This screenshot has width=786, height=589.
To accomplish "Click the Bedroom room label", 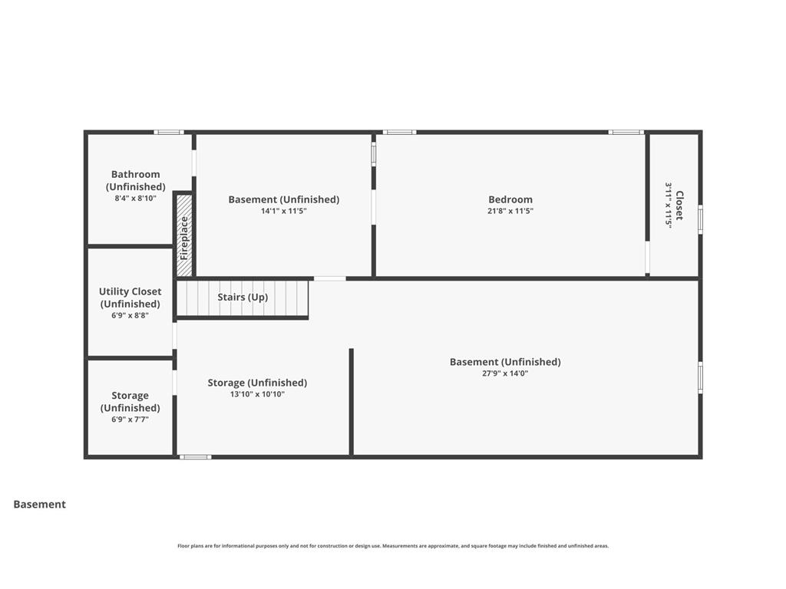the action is pos(510,199).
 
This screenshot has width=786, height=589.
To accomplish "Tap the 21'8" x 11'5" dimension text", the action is pos(510,211).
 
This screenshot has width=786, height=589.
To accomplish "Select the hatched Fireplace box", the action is pos(184,235).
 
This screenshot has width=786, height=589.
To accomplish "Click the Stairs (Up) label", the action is pos(243,297).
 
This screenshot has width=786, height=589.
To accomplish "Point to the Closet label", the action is pos(679,206).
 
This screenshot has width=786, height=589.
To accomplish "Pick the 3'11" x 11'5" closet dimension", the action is pos(669,206).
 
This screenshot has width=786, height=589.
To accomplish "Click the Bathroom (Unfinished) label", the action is pos(135,180).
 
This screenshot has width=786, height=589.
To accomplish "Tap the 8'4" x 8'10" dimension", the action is pos(135,198).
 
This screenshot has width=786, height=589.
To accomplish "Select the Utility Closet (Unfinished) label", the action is pos(130,298).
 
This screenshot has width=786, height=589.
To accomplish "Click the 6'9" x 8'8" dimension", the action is pos(130,315).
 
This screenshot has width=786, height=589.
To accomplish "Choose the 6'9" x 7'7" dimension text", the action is pos(130,420).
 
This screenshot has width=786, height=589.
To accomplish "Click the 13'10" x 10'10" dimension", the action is pos(257,394).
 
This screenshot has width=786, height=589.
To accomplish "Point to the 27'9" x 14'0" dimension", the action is pos(505,373).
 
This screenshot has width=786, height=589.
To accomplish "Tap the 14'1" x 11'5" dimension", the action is pos(284,211).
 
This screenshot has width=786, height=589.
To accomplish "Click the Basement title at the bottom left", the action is pos(40,505).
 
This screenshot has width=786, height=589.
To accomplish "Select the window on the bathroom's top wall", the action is pos(169,132).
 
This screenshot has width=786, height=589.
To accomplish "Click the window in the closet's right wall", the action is pos(700,219).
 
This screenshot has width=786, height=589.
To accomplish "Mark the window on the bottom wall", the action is pos(196,457).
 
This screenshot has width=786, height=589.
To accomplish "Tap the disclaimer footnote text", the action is pos(393,546).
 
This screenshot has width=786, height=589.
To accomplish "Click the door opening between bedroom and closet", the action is pos(647,258).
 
